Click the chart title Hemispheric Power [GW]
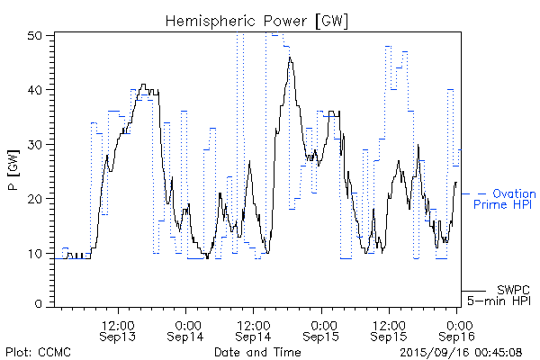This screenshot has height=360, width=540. tap(257, 20)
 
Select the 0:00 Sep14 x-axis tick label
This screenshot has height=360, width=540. tap(187, 329)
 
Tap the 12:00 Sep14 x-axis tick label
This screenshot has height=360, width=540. tap(254, 329)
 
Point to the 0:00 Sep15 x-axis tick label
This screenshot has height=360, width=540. tap(322, 329)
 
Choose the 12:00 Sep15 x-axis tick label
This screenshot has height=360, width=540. tap(389, 329)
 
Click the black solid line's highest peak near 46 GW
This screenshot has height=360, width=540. tap(290, 58)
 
